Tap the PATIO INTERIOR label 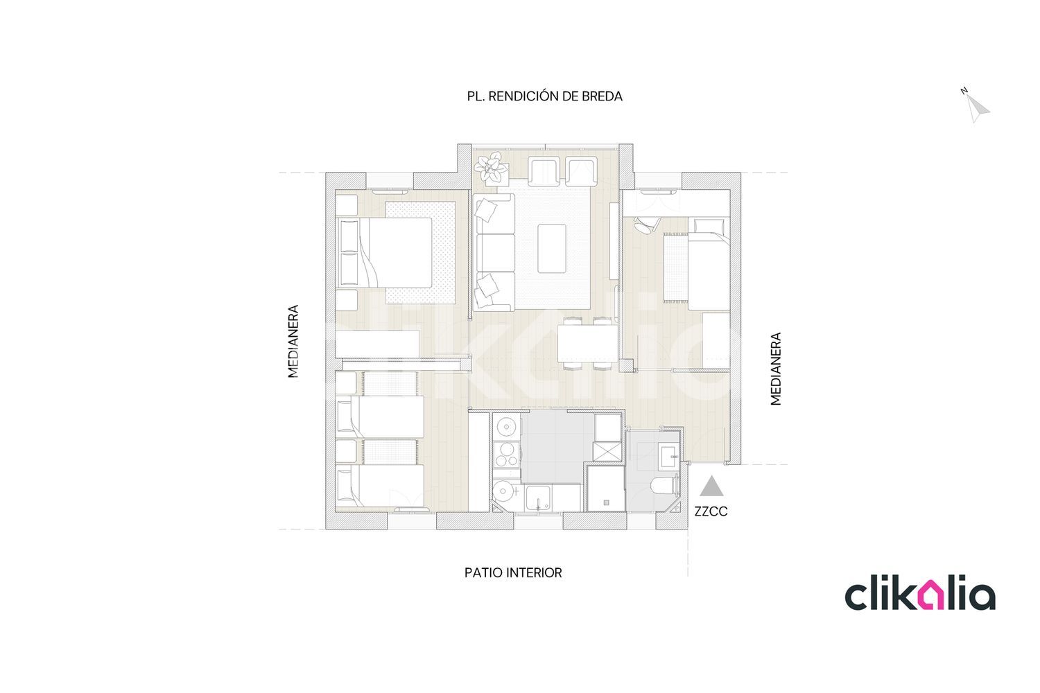[x=513, y=573]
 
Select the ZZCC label [x=711, y=511]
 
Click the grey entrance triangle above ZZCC [x=711, y=486]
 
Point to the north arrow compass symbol [x=977, y=107]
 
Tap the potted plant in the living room [x=491, y=168]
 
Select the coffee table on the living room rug [x=552, y=248]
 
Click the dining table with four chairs [x=587, y=343]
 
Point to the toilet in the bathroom [x=666, y=486]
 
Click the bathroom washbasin [x=669, y=457]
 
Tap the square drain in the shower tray [x=606, y=502]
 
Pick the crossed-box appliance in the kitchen [x=607, y=452]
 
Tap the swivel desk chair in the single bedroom [x=646, y=225]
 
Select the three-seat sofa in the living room [x=494, y=252]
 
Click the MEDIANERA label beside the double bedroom [x=293, y=341]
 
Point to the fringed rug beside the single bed [x=675, y=268]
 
